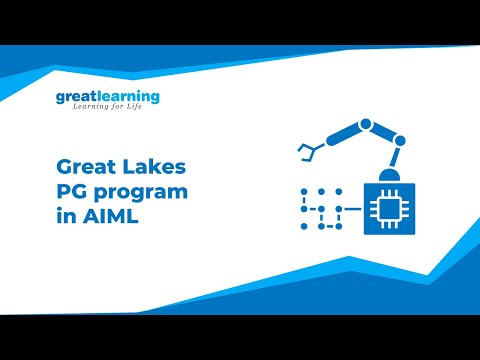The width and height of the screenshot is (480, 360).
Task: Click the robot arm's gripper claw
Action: point(307,151)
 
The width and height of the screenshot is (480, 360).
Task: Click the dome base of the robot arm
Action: point(389,177)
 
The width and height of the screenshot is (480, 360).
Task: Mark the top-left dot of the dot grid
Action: point(303,191)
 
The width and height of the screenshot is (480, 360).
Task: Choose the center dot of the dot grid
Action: point(320,208)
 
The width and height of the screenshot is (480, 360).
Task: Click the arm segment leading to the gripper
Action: point(338,138)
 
